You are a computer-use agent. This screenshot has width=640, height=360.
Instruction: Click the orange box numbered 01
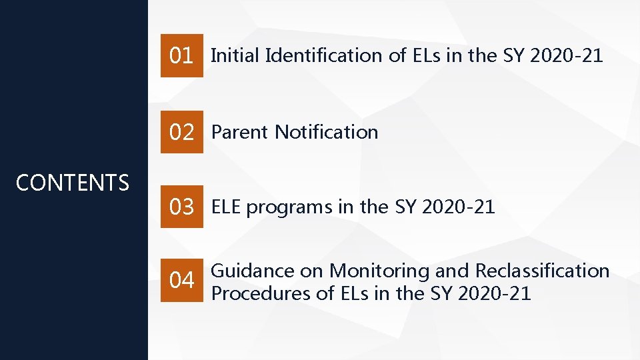pyautogui.click(x=181, y=56)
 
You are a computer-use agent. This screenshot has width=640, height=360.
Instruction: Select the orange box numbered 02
pyautogui.click(x=181, y=133)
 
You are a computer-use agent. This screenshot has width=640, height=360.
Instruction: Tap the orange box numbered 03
pyautogui.click(x=181, y=207)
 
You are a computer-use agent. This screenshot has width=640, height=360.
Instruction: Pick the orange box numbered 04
pyautogui.click(x=181, y=281)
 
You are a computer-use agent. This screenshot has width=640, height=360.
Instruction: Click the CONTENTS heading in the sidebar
pyautogui.click(x=72, y=183)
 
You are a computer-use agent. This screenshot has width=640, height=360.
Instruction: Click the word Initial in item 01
pyautogui.click(x=235, y=56)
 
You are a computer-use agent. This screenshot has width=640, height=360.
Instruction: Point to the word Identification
pyautogui.click(x=325, y=56)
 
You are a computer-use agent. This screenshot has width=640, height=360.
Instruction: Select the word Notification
pyautogui.click(x=327, y=132)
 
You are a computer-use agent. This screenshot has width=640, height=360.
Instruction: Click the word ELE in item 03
pyautogui.click(x=227, y=207)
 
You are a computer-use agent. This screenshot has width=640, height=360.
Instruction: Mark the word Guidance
pyautogui.click(x=253, y=271)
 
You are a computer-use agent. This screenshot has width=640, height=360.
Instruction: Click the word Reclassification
pyautogui.click(x=542, y=271)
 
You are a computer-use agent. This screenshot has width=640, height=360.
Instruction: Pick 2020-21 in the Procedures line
pyautogui.click(x=495, y=293)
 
